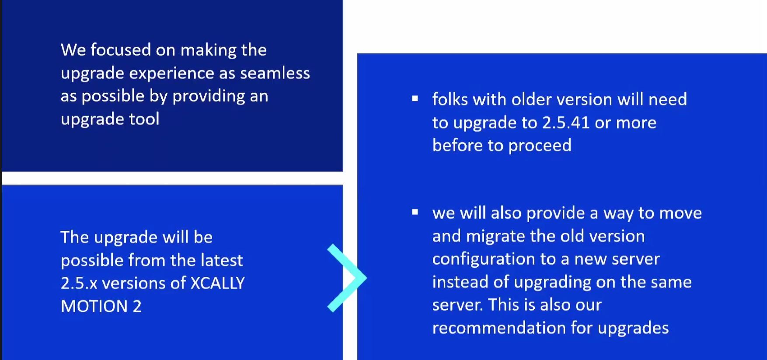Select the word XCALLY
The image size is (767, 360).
217,283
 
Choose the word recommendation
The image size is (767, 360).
499,328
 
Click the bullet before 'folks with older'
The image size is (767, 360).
415,99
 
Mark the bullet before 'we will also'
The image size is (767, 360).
415,213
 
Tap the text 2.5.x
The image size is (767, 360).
79,283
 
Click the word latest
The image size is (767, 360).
221,260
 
